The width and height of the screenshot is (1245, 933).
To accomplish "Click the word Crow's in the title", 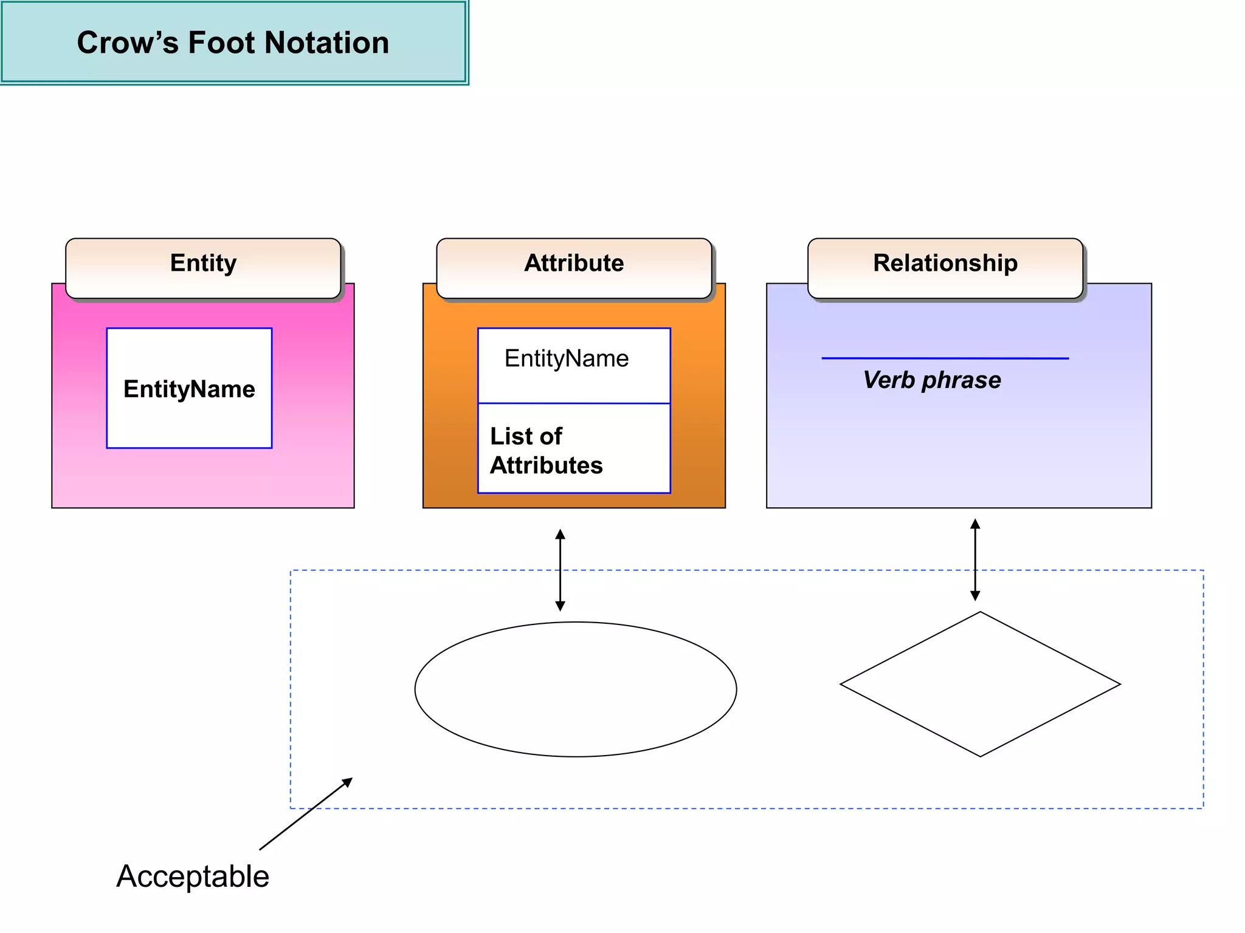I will point(128,43).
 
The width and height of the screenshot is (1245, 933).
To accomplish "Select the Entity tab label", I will point(203,263).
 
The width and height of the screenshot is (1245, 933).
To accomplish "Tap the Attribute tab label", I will point(574,263).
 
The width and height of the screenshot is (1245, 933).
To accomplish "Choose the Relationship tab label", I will point(945,263).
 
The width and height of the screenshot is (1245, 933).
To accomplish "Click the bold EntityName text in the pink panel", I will point(189,389).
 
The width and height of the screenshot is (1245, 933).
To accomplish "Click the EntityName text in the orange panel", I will point(567,358).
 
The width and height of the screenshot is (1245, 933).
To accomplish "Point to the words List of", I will point(526,436).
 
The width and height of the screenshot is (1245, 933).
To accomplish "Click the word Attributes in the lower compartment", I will point(546,465).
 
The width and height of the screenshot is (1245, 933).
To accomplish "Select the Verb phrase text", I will point(932,380).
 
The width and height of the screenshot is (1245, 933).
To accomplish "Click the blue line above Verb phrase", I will point(945,358).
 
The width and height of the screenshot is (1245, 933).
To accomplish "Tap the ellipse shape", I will point(575,689).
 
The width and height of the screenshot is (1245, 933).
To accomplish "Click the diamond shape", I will point(980,684).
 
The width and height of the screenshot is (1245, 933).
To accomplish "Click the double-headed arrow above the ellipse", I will point(560,570).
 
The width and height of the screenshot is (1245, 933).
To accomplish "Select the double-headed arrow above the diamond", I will point(975,559).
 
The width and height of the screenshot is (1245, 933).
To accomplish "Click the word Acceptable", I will point(193,877).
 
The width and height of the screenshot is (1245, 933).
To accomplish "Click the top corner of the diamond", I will point(980,612).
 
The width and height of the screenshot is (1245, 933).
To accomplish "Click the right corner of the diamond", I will point(1119,684).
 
